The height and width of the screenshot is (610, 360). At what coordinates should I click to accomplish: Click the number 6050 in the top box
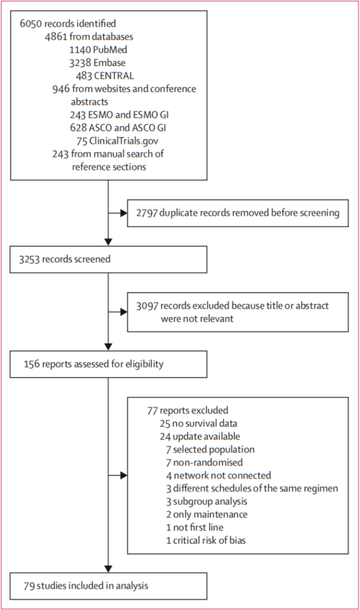point(31,24)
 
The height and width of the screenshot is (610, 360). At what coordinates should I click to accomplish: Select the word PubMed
point(110,50)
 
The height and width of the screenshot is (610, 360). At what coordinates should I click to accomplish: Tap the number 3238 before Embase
point(80,62)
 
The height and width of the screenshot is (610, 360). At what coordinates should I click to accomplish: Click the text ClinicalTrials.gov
point(123,141)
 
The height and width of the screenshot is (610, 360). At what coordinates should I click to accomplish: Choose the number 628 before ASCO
point(78,128)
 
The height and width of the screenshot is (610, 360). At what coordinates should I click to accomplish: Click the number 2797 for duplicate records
point(146,213)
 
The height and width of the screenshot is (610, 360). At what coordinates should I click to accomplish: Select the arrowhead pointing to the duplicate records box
point(123,213)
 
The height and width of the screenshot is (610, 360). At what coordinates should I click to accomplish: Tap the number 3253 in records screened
point(30,259)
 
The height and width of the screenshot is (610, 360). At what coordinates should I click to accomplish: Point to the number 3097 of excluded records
point(147,306)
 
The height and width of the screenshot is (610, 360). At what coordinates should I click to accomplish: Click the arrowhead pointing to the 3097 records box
point(123,311)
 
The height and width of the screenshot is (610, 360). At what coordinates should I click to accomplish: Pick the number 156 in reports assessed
point(31,364)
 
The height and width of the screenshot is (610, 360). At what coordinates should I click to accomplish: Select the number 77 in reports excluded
point(152,410)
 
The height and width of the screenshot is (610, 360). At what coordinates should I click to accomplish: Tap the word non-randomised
point(208,462)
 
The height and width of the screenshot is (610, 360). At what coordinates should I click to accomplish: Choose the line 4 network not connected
point(219,475)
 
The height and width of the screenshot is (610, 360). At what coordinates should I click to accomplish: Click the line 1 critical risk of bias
point(206,540)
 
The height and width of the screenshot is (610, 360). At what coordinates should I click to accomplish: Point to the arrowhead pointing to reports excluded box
point(123,475)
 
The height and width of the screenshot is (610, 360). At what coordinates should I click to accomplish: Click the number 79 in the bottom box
point(29,585)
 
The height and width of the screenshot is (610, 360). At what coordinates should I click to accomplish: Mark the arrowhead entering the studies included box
point(108,569)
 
